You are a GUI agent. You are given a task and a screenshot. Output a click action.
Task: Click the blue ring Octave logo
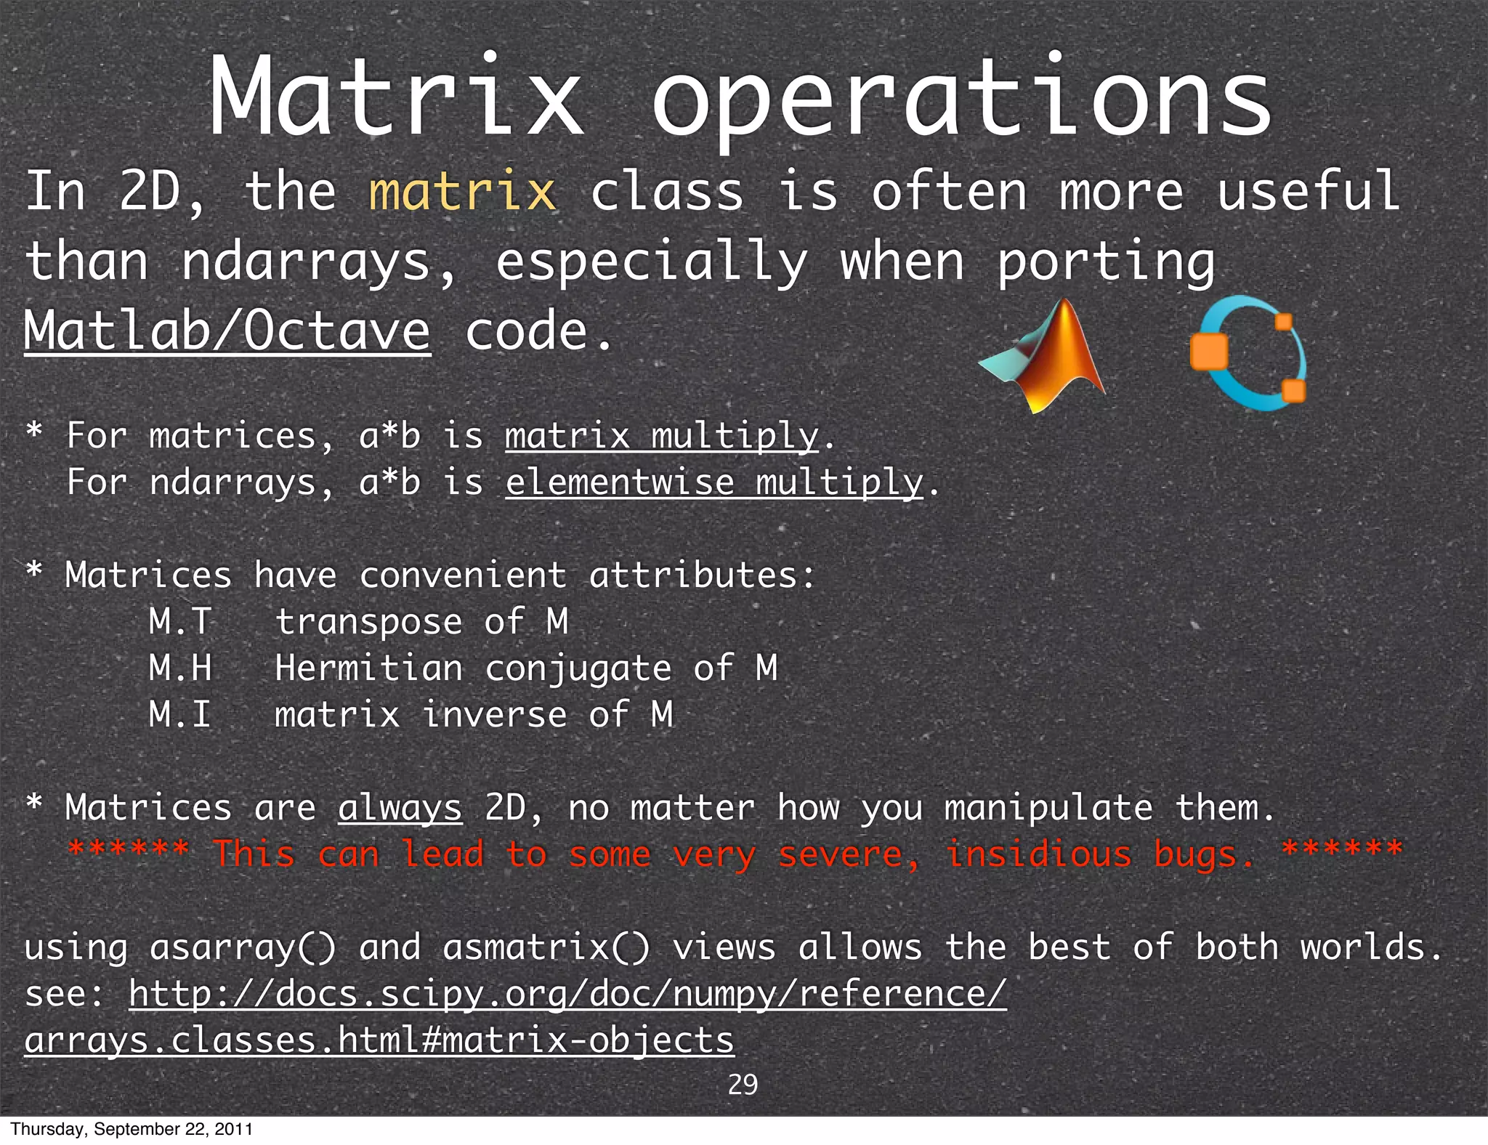tap(1248, 353)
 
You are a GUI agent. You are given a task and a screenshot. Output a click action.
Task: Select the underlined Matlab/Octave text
tap(227, 331)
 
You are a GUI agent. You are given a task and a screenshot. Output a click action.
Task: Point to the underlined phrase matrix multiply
tap(662, 436)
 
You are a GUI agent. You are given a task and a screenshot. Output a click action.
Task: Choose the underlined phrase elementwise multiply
tap(714, 482)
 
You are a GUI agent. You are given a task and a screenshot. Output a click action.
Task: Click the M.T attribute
tap(180, 622)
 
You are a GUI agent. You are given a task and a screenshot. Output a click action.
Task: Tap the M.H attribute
tap(180, 668)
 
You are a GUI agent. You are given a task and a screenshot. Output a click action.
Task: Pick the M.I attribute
tap(180, 715)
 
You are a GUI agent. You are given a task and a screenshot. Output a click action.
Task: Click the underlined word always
tap(400, 808)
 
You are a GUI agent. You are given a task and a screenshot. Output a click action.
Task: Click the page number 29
tap(743, 1084)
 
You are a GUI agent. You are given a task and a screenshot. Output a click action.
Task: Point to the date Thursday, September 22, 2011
tap(132, 1129)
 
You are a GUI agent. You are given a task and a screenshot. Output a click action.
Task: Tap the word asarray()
tap(243, 948)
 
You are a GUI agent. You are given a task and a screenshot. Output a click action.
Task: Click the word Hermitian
tap(368, 668)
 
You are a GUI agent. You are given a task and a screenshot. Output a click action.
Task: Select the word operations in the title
tap(961, 98)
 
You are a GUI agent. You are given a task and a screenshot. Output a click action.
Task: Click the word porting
tap(1105, 262)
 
